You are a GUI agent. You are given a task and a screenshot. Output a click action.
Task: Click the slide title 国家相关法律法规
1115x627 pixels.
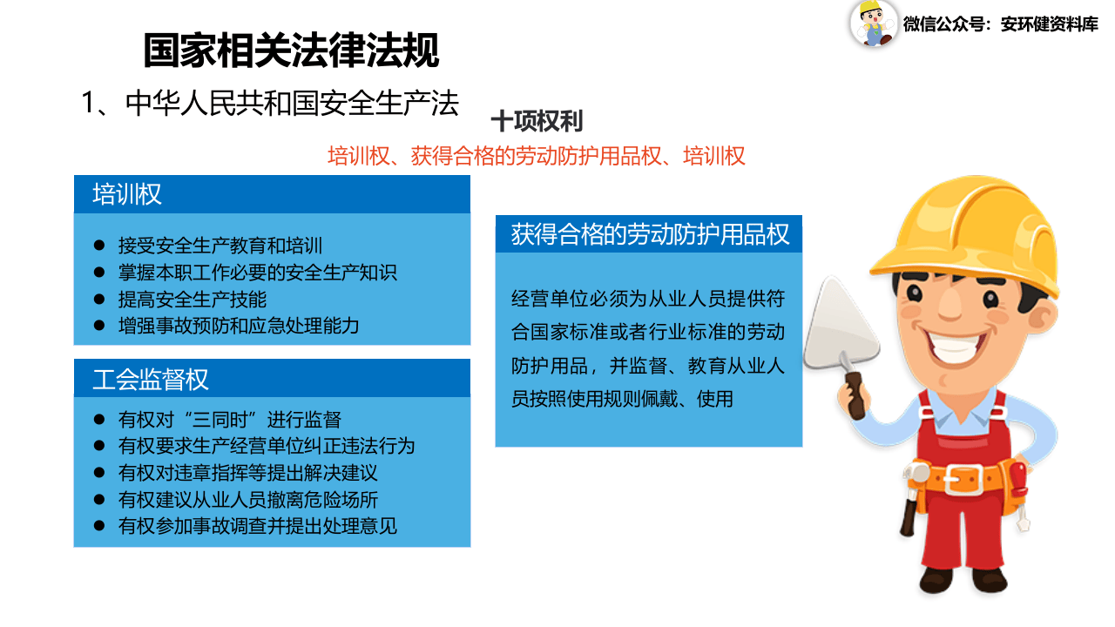point(291,51)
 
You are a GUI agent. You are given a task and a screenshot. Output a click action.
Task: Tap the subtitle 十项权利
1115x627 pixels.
point(537,121)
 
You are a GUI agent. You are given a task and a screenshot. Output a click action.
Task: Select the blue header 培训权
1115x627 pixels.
point(127,194)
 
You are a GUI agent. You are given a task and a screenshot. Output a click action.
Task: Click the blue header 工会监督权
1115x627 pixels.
point(151,380)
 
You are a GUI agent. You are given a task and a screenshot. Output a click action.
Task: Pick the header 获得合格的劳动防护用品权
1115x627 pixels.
point(650,234)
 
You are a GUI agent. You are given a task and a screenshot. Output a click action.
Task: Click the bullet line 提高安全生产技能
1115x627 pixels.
point(193,300)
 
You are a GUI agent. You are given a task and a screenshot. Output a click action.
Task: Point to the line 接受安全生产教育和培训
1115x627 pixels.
point(220,246)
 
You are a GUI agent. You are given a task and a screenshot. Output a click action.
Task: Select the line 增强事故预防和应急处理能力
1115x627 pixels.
point(239,327)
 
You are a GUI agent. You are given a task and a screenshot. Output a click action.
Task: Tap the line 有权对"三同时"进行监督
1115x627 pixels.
point(229,420)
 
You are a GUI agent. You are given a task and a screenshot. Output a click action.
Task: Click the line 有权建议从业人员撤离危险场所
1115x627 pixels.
point(247,500)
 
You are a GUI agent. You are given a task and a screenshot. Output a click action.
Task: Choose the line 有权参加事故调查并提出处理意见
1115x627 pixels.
point(257,527)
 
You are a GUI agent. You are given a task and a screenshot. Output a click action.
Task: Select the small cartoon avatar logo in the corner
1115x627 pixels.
point(873,24)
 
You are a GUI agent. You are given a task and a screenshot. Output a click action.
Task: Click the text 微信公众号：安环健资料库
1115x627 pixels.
point(1000,24)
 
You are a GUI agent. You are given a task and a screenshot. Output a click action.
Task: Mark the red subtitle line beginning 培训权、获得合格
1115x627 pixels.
point(536,157)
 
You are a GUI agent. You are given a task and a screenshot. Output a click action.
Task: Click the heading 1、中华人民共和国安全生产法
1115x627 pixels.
point(270,103)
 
